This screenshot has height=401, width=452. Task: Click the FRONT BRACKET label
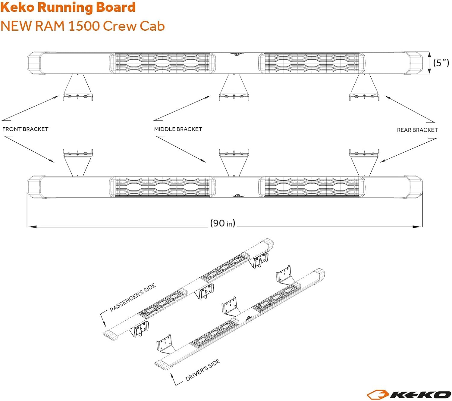(25, 129)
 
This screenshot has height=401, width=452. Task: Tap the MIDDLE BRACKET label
(178, 129)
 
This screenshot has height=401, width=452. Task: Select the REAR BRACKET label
(417, 130)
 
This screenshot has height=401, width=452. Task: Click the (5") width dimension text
(441, 63)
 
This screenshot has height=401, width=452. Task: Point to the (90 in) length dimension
(223, 223)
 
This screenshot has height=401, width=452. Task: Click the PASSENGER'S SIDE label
(133, 297)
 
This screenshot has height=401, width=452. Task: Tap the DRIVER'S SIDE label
(202, 370)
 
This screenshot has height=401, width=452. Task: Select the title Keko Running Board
(68, 7)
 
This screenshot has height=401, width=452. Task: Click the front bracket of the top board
(77, 89)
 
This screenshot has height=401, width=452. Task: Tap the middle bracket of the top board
(234, 89)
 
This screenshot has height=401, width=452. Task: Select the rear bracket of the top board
(364, 89)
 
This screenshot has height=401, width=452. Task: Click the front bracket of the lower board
(77, 161)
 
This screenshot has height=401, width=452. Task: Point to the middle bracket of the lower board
(234, 161)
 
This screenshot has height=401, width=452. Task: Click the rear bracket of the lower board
(364, 161)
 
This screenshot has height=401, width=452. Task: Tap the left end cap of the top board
(34, 63)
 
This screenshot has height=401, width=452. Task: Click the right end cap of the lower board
(414, 187)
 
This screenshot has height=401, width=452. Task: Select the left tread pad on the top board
(162, 63)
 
